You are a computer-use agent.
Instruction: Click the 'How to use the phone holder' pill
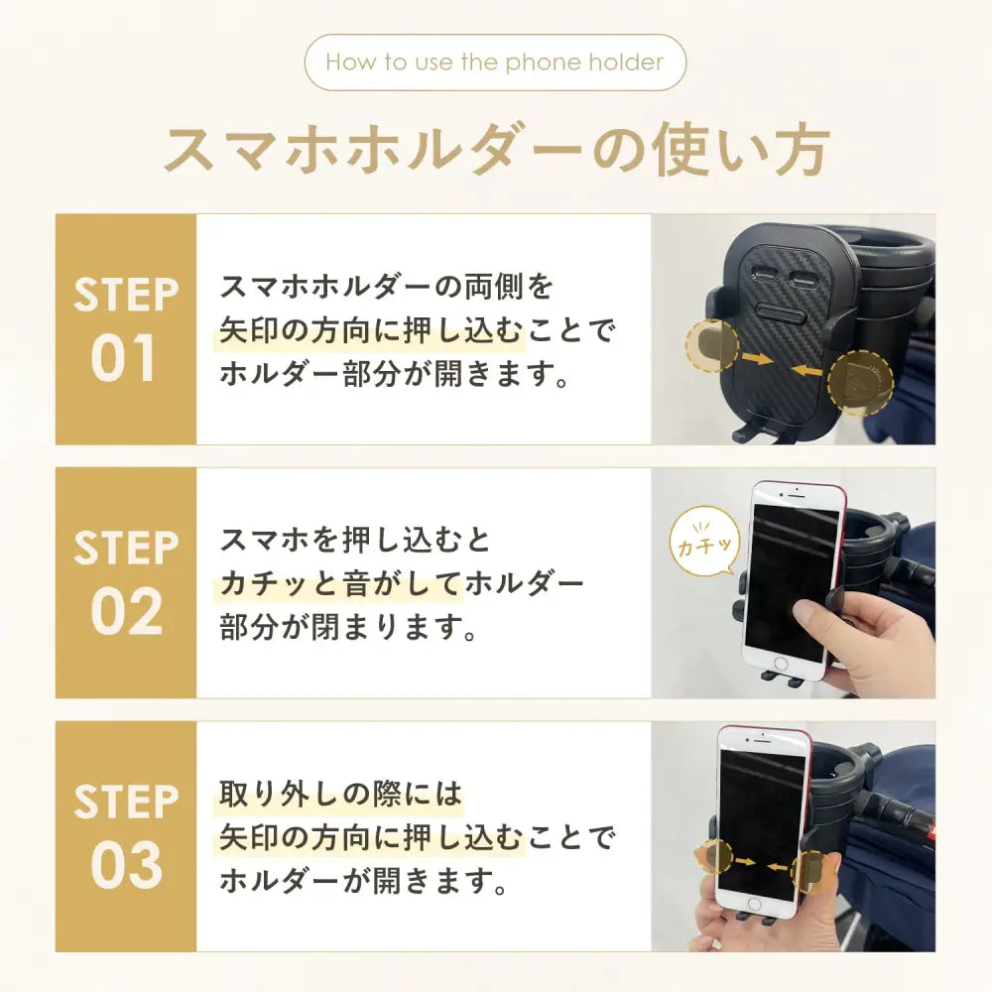coord(495,62)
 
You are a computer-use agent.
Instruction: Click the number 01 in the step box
coord(123,358)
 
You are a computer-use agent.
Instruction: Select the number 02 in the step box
coord(127,611)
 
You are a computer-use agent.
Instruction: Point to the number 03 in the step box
coord(127,865)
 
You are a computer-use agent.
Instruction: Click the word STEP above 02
coord(126,548)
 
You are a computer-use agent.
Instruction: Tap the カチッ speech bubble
coord(704,544)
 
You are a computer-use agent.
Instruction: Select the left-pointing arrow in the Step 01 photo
coord(806,369)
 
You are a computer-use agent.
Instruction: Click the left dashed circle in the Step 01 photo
coord(712,345)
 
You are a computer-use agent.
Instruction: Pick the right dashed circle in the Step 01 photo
coord(860,383)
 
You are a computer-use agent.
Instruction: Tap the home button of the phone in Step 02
coord(781,664)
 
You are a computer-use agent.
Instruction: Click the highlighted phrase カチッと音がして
coord(339,583)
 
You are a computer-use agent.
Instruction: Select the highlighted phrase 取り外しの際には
coord(340,794)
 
